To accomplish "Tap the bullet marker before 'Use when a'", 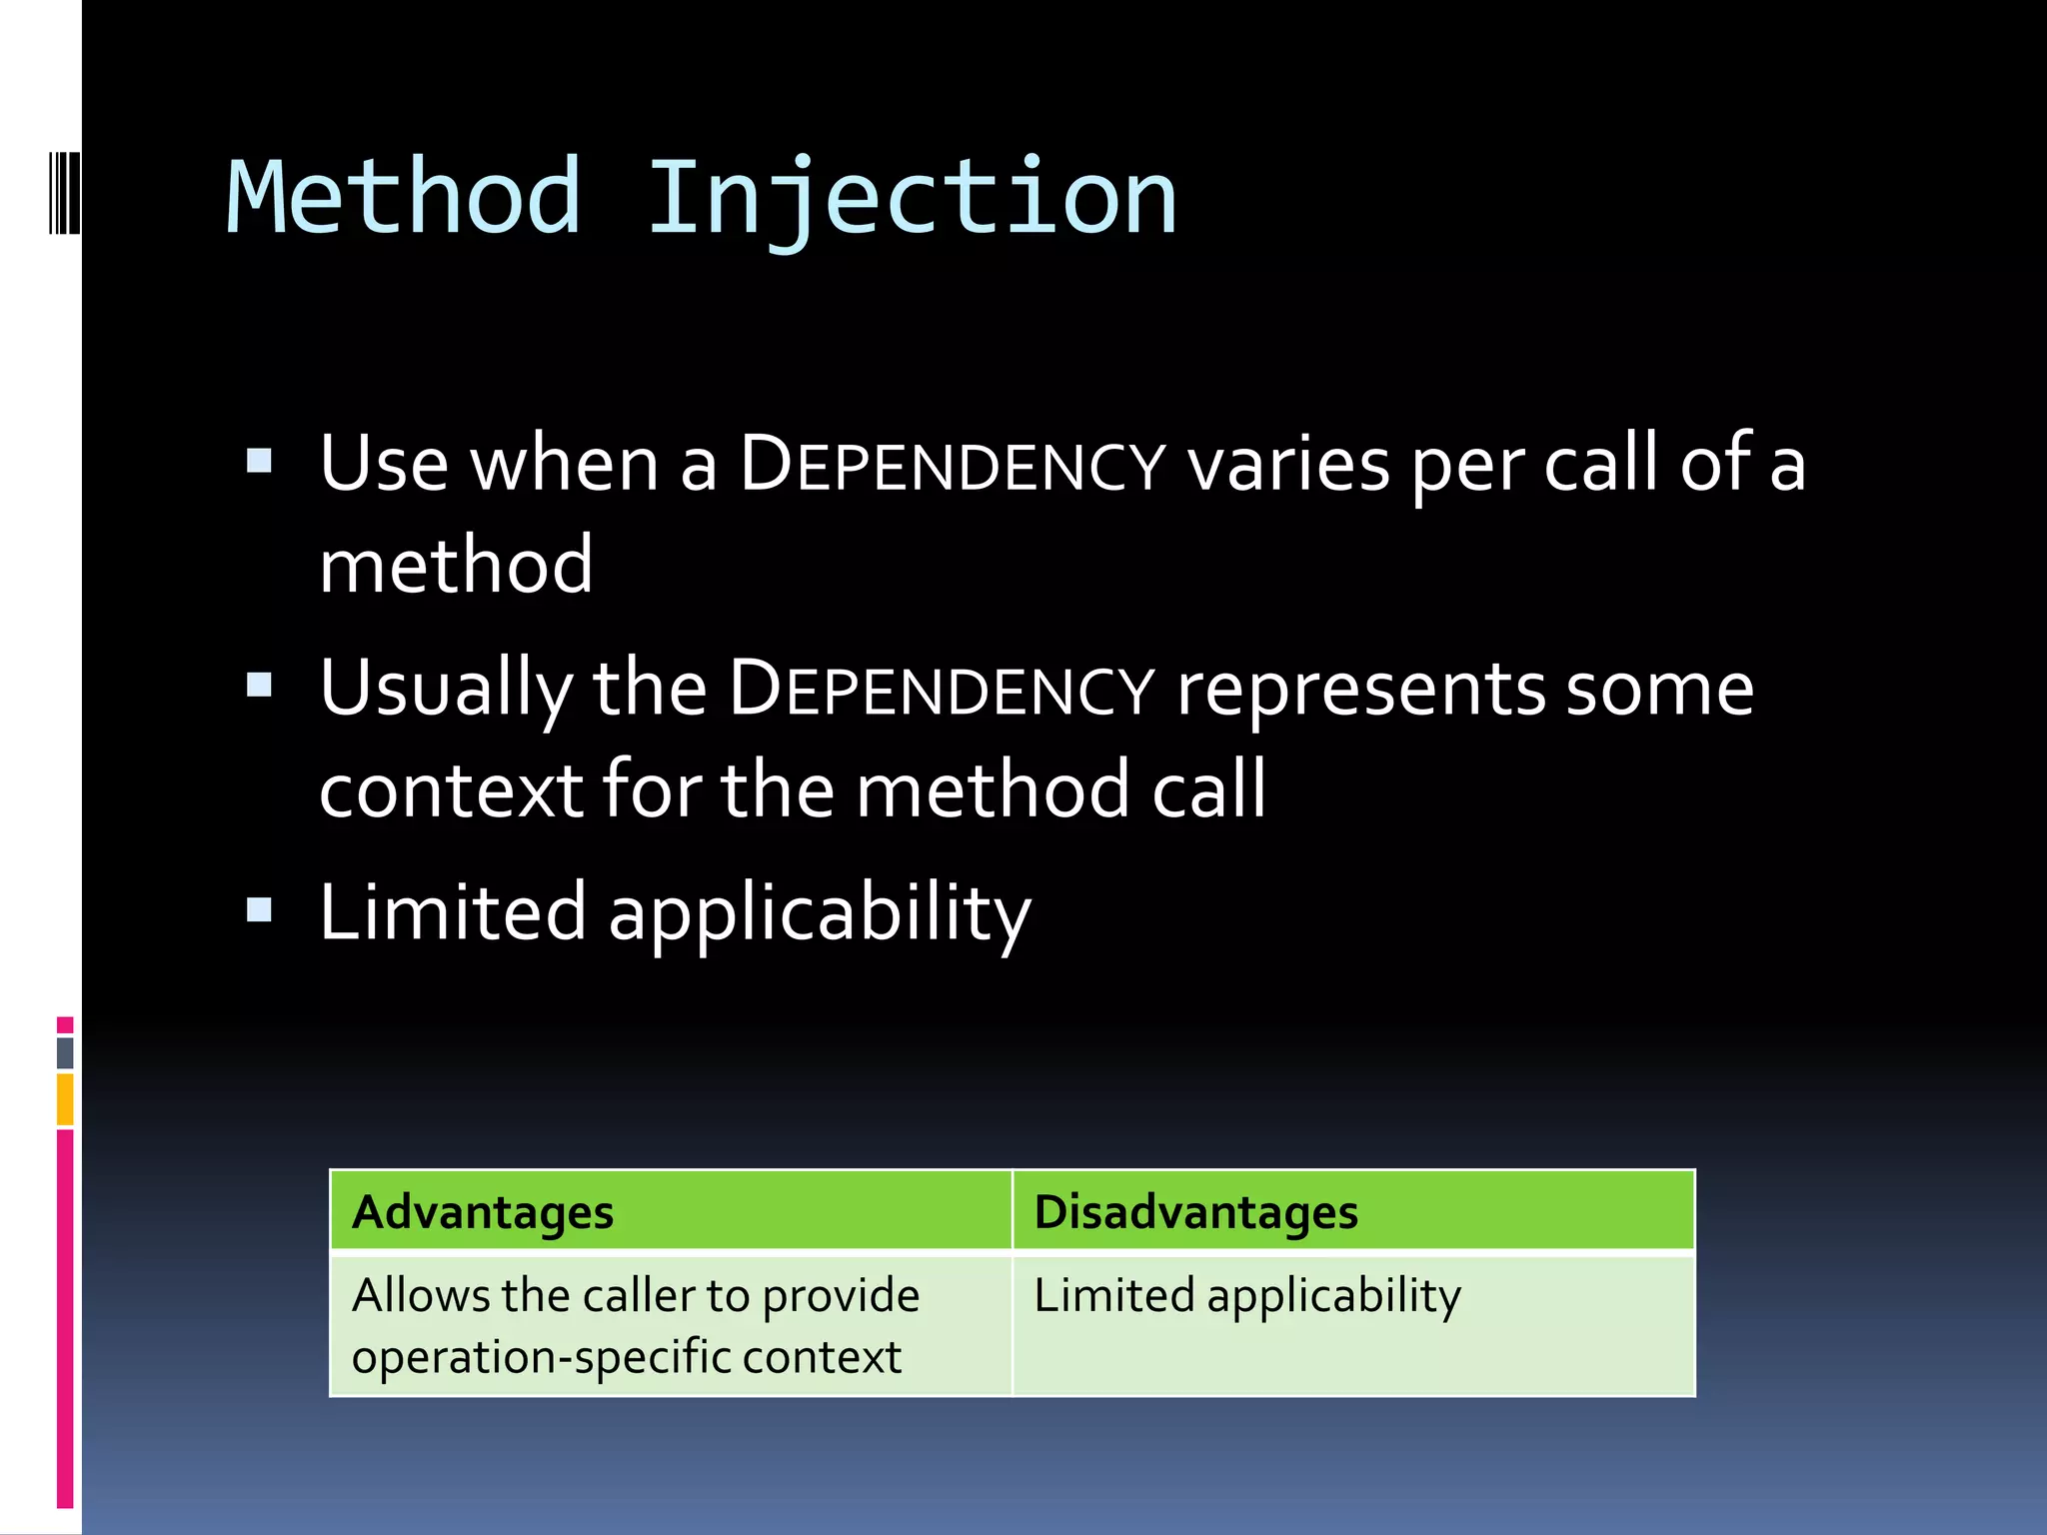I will pyautogui.click(x=259, y=461).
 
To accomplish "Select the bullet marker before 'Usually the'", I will pyautogui.click(x=259, y=685).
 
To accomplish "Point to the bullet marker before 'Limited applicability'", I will pyautogui.click(x=259, y=908).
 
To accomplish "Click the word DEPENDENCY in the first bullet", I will pyautogui.click(x=953, y=466).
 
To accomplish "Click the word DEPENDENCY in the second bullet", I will pyautogui.click(x=942, y=690).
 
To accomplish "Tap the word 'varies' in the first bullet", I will pyautogui.click(x=1288, y=466).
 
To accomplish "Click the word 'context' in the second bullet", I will pyautogui.click(x=451, y=790).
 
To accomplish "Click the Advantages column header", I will pyautogui.click(x=483, y=1212).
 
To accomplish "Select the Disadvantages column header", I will pyautogui.click(x=1195, y=1212).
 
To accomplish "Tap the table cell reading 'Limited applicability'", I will pyautogui.click(x=1246, y=1296).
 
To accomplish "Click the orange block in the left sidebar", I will pyautogui.click(x=65, y=1099).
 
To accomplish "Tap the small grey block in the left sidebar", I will pyautogui.click(x=65, y=1052).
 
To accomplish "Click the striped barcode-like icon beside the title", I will pyautogui.click(x=64, y=192).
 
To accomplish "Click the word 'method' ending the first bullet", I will pyautogui.click(x=456, y=566).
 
